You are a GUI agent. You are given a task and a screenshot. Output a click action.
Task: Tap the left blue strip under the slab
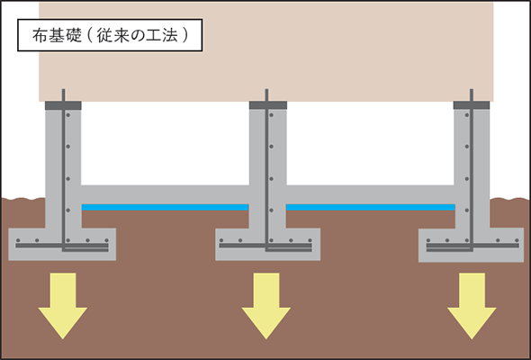[x=165, y=207]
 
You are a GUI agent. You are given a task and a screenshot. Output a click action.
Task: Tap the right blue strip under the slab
[x=370, y=207]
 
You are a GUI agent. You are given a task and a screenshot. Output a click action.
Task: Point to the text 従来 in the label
[x=109, y=38]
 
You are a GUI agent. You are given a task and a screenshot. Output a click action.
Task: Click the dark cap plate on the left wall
[x=64, y=104]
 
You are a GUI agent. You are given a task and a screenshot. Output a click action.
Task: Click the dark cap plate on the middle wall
[x=267, y=104]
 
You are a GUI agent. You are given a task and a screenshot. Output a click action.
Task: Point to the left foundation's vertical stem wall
[x=64, y=162]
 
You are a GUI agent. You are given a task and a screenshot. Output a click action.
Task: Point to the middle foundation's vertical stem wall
[x=267, y=162]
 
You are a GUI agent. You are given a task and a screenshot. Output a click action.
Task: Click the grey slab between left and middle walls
[x=165, y=193]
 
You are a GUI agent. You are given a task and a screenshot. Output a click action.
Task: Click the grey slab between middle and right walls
[x=370, y=193]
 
